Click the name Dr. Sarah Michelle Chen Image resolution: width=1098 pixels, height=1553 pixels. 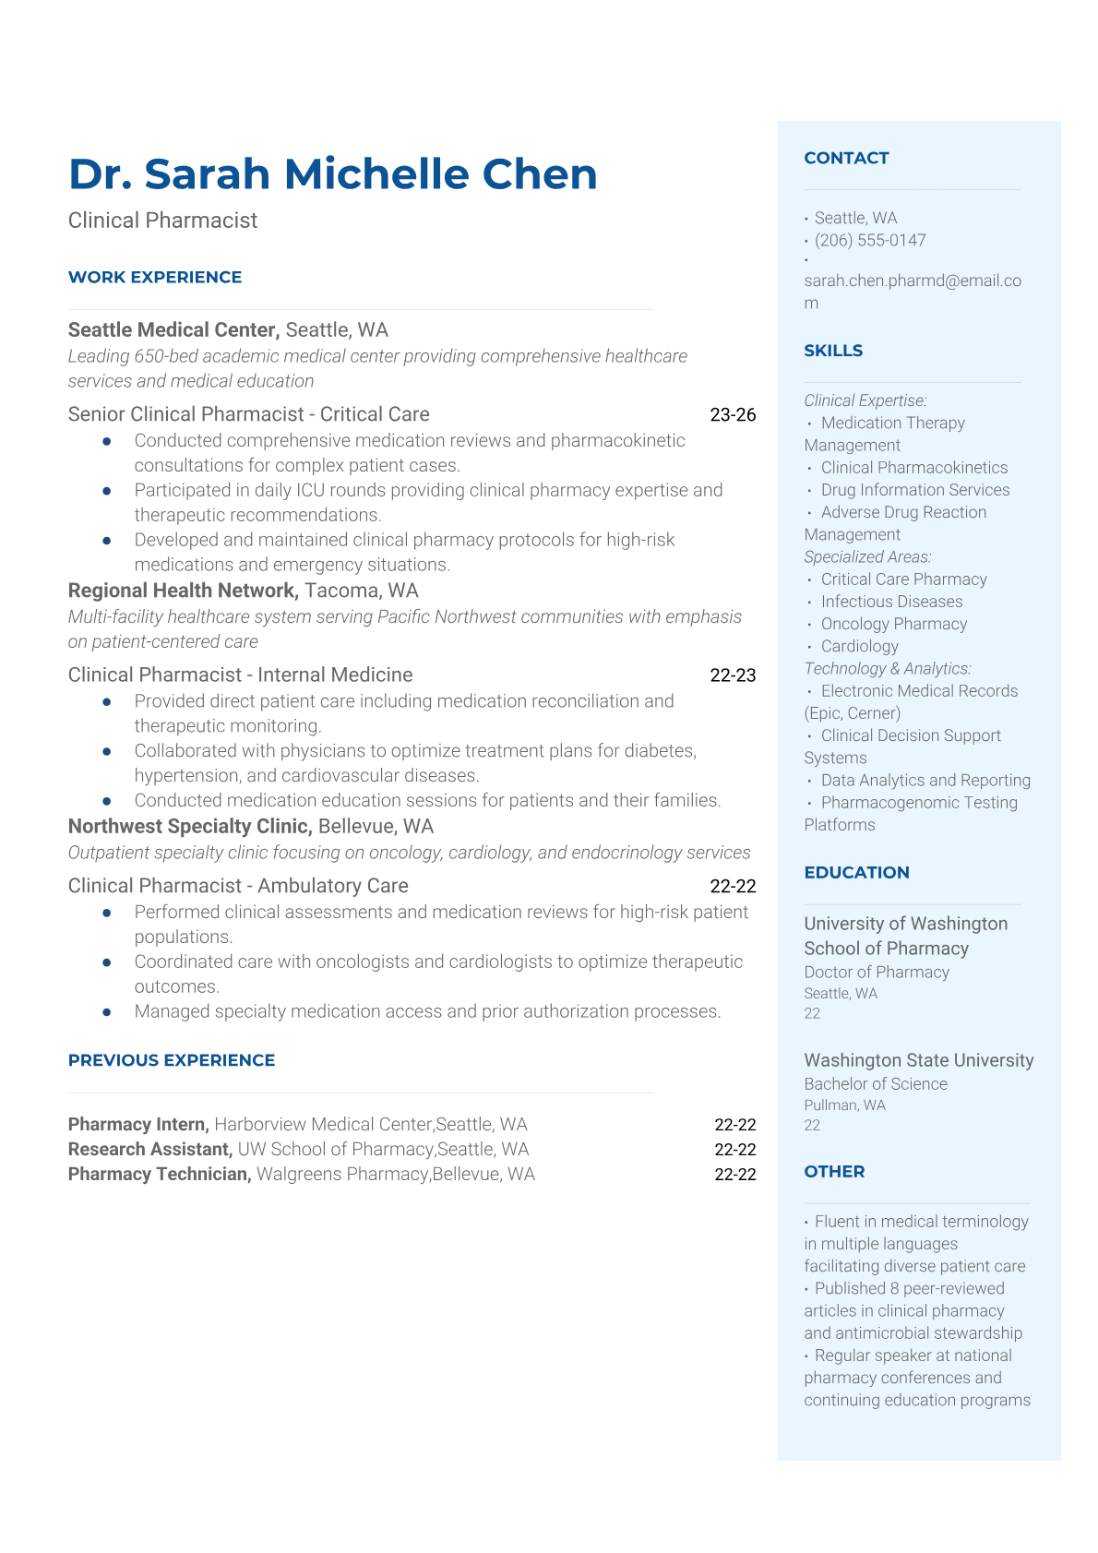(332, 174)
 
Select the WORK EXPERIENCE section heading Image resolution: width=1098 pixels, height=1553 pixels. (155, 278)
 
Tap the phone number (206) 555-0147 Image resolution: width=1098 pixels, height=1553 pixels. (869, 241)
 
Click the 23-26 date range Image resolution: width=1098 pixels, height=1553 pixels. (733, 415)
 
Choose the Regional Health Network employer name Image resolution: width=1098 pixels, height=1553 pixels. (183, 591)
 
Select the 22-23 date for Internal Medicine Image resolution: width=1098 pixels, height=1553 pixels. (733, 675)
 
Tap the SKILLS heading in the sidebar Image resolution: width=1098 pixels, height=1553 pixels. (833, 352)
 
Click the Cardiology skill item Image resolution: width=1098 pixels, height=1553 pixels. (859, 647)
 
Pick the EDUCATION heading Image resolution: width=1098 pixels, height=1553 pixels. (856, 873)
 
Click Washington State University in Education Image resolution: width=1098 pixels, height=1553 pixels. (918, 1060)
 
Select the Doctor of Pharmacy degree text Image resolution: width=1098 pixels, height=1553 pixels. (877, 973)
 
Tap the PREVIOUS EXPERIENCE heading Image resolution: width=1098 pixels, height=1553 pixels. (172, 1061)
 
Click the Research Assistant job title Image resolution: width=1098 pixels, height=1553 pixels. (149, 1150)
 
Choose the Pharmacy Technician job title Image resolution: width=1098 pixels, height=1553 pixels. (160, 1175)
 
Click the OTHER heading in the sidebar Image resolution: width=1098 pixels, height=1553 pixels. (834, 1172)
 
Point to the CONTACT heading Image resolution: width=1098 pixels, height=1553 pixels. (846, 159)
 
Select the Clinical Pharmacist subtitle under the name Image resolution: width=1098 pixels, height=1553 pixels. (162, 221)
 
